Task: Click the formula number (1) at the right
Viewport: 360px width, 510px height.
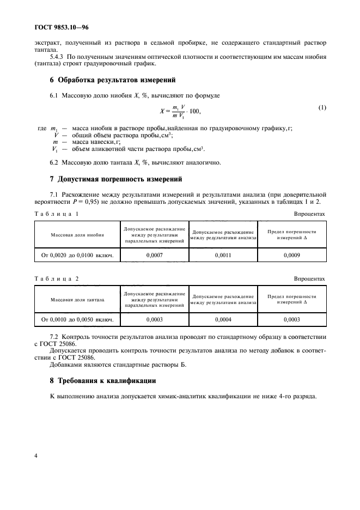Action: (x=322, y=107)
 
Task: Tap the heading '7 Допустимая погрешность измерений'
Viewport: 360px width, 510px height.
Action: (x=115, y=179)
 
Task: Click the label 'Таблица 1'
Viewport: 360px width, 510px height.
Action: (x=57, y=214)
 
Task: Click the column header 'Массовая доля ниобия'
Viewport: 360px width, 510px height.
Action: (x=77, y=235)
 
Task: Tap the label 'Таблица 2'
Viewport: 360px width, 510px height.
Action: (x=57, y=278)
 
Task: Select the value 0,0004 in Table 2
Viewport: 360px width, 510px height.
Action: (x=223, y=320)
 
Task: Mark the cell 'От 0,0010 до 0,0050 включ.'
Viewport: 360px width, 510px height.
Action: (x=77, y=320)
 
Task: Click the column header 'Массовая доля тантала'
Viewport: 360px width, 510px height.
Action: (x=77, y=300)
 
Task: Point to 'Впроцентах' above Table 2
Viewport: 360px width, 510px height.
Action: (x=309, y=278)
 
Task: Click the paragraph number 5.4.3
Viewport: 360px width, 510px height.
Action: (x=57, y=57)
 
